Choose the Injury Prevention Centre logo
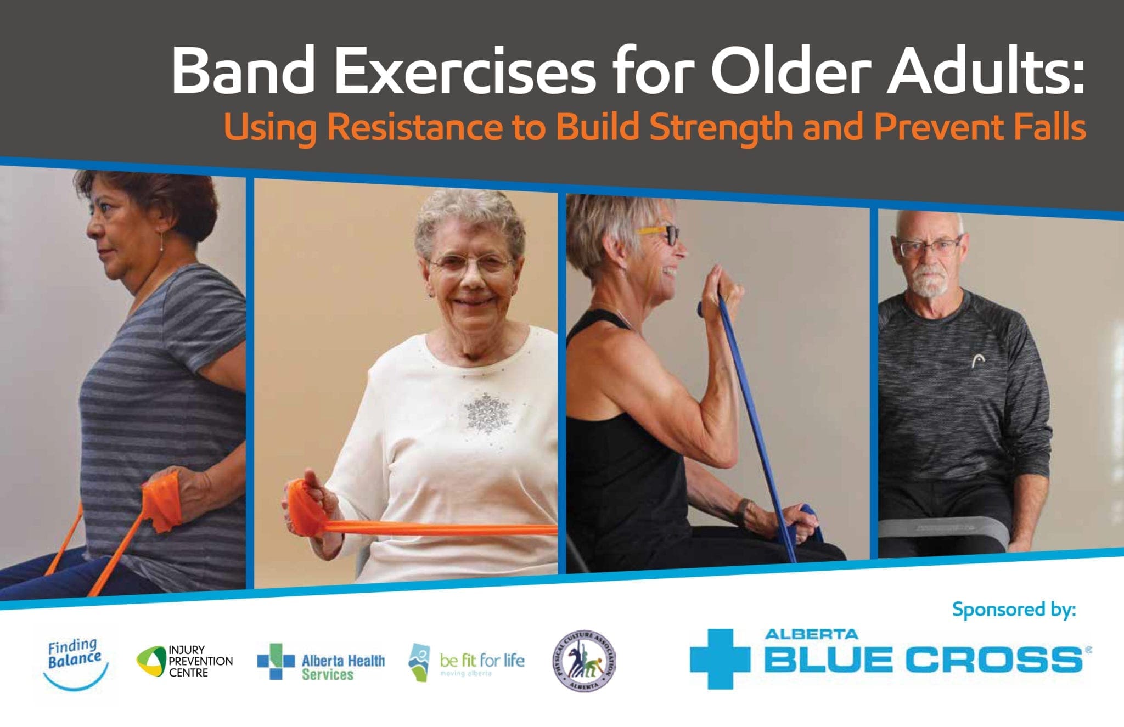point(185,662)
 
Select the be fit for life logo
point(467,662)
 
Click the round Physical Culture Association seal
point(584,662)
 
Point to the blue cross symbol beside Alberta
point(719,658)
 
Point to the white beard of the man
point(930,283)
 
